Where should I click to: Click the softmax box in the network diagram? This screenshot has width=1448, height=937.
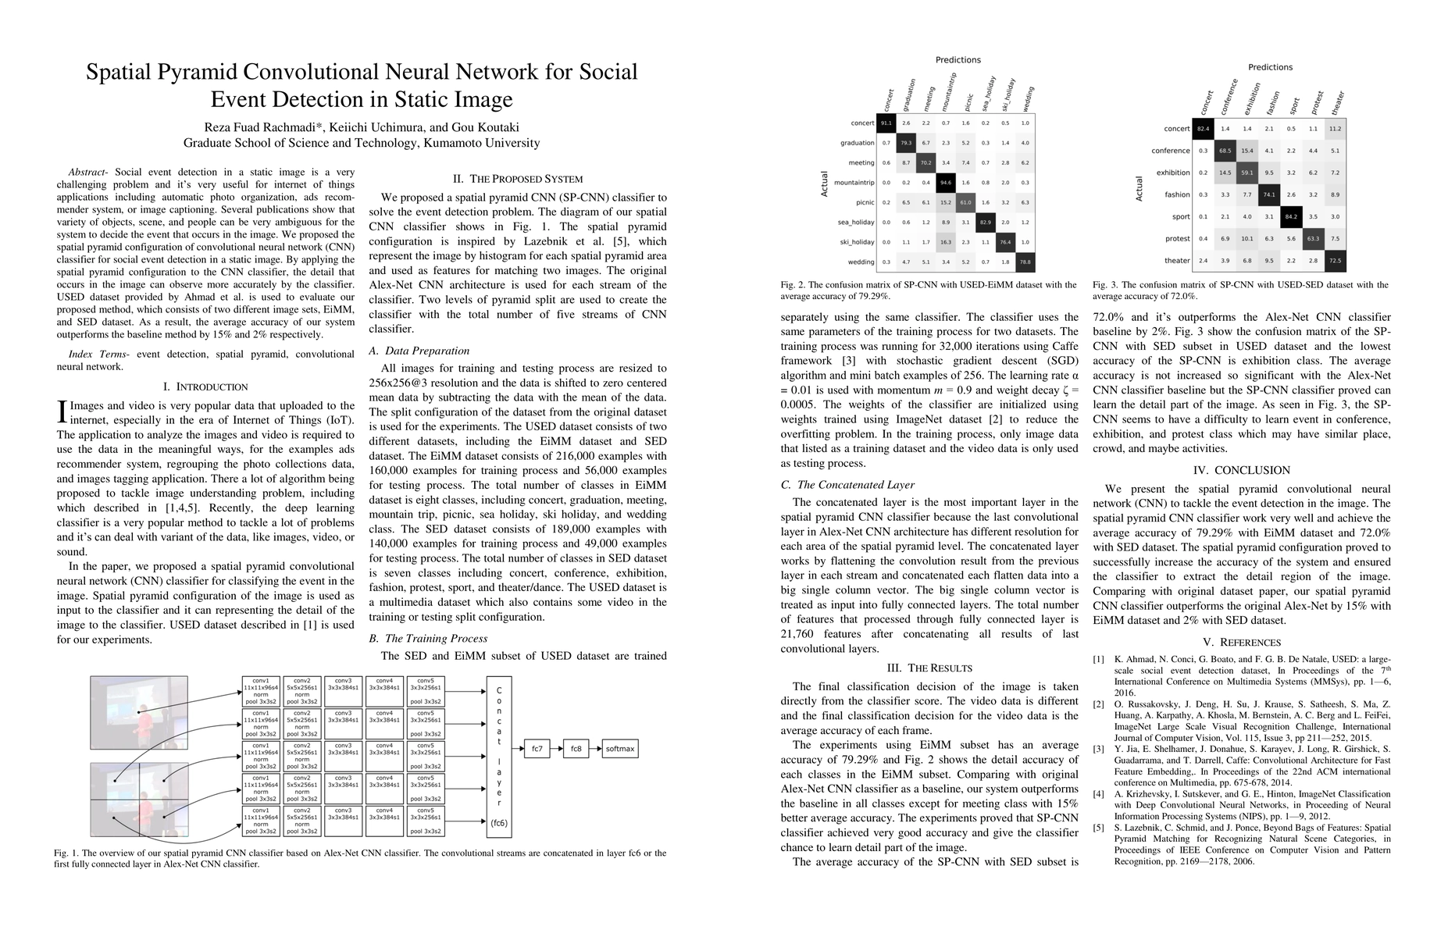click(x=620, y=749)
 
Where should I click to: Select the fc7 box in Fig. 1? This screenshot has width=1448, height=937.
click(x=537, y=749)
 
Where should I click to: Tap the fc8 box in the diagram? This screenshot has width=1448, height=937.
click(x=576, y=749)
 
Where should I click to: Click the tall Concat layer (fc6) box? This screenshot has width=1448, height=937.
click(x=499, y=757)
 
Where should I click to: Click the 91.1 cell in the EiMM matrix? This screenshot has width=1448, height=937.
click(x=886, y=123)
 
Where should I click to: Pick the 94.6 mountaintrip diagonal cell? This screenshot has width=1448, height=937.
click(x=946, y=183)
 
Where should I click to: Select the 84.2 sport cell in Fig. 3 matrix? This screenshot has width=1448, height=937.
click(x=1291, y=217)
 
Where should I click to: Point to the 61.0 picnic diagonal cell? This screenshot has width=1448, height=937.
click(x=966, y=202)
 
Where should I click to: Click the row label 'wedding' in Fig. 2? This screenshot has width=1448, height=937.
click(x=861, y=262)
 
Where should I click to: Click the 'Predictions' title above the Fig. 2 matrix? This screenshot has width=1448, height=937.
click(x=958, y=60)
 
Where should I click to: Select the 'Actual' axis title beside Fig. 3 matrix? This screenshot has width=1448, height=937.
click(x=1139, y=189)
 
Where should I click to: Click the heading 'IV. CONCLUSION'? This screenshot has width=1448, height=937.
click(x=1242, y=470)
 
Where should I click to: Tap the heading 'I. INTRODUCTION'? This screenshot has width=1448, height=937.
click(x=205, y=387)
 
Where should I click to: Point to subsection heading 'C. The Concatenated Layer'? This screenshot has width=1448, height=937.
click(x=847, y=485)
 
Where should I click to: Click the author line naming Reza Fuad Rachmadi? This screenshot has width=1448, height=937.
click(x=361, y=127)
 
